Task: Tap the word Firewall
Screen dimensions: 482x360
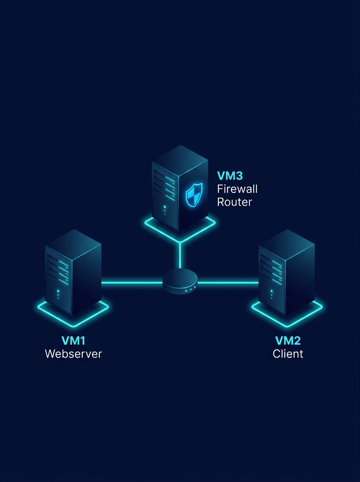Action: click(237, 188)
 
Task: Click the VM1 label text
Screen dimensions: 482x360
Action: click(74, 341)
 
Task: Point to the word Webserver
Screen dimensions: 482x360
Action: click(74, 354)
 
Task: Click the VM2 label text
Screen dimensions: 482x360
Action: click(288, 341)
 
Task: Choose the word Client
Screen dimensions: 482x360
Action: click(288, 354)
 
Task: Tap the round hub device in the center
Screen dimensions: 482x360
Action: click(180, 280)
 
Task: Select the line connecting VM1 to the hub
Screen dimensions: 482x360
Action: click(132, 283)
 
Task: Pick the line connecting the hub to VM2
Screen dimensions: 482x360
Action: click(228, 283)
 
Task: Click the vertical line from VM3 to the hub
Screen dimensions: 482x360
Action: click(180, 255)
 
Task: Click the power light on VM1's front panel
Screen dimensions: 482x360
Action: click(58, 291)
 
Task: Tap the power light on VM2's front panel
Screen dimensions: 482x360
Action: click(271, 291)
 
